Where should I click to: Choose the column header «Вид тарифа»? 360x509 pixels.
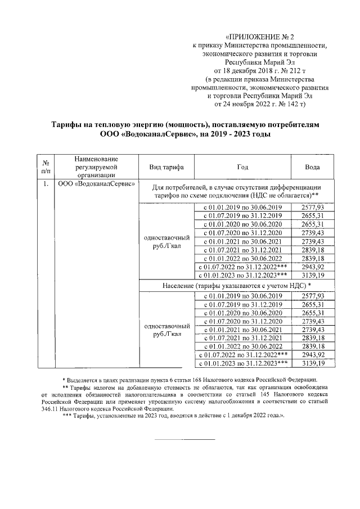[166, 167]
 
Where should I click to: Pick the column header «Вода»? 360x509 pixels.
[312, 167]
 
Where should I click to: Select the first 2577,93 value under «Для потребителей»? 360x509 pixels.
[313, 208]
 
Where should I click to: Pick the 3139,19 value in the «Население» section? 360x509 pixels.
[313, 364]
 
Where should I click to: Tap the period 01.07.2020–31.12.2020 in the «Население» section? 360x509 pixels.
[242, 321]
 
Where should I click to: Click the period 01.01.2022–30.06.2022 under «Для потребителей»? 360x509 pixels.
[242, 258]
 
